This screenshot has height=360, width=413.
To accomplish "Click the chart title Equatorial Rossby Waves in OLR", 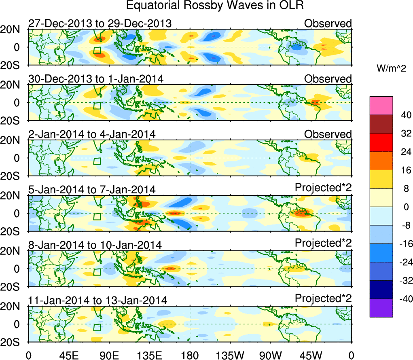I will [x=215, y=6].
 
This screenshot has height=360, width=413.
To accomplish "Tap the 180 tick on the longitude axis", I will [x=190, y=355].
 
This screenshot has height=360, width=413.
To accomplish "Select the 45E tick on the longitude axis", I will [x=68, y=355].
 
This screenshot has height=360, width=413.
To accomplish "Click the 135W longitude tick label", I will [x=230, y=355].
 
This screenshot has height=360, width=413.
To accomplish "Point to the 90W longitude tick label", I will [x=271, y=355].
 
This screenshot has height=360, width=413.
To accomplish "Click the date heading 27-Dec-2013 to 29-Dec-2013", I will [x=100, y=23].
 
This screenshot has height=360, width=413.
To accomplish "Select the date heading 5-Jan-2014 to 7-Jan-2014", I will [x=91, y=189].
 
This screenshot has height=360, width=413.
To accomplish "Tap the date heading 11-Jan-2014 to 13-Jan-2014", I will [x=97, y=300].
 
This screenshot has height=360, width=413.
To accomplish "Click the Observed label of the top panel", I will [x=328, y=23].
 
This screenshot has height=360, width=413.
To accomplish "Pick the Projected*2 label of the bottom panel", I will [x=323, y=298].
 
